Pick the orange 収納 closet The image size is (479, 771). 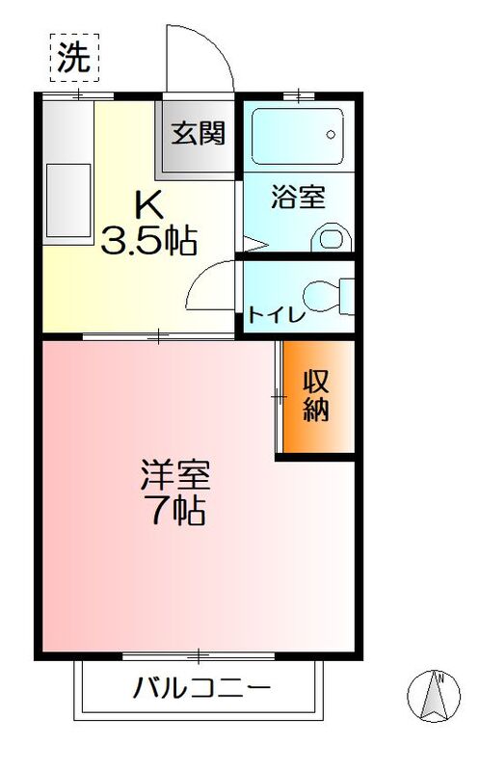pyautogui.click(x=316, y=395)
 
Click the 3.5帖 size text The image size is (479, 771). pyautogui.click(x=149, y=241)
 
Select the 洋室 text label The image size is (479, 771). pyautogui.click(x=175, y=475)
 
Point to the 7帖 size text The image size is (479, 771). pyautogui.click(x=175, y=511)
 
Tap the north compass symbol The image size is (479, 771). pyautogui.click(x=438, y=696)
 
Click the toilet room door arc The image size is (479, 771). pyautogui.click(x=210, y=287)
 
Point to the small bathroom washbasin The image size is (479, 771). pyautogui.click(x=333, y=239)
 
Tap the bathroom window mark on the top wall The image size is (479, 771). pyautogui.click(x=300, y=94)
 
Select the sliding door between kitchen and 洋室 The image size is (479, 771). pyautogui.click(x=160, y=336)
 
